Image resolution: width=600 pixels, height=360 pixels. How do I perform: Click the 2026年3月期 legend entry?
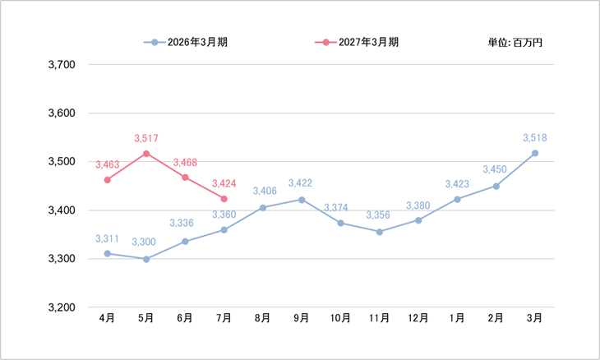pyautogui.click(x=186, y=42)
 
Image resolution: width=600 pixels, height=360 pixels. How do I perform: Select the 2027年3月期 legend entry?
pyautogui.click(x=357, y=42)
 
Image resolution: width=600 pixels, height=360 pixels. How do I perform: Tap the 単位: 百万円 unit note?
pyautogui.click(x=515, y=43)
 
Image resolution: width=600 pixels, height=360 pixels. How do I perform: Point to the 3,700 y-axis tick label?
pyautogui.click(x=62, y=65)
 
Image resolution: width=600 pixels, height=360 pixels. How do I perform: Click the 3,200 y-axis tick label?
pyautogui.click(x=62, y=307)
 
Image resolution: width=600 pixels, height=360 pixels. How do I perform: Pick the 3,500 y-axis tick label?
pyautogui.click(x=62, y=162)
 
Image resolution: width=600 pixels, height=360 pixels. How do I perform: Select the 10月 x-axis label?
pyautogui.click(x=340, y=318)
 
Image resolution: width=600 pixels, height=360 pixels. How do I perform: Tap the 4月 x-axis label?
pyautogui.click(x=107, y=318)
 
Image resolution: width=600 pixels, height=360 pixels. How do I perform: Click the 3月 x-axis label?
pyautogui.click(x=534, y=318)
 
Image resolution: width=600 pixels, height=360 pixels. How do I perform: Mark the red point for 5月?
pyautogui.click(x=146, y=154)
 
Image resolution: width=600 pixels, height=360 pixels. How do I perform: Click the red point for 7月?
pyautogui.click(x=224, y=199)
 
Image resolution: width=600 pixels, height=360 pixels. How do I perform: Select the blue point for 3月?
pyautogui.click(x=535, y=154)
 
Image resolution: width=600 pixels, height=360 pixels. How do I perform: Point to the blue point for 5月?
pyautogui.click(x=146, y=260)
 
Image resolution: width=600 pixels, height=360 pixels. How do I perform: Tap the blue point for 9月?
pyautogui.click(x=302, y=200)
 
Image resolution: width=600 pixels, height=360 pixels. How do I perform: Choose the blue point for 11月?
pyautogui.click(x=379, y=232)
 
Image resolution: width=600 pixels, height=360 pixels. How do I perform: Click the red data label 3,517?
pyautogui.click(x=146, y=138)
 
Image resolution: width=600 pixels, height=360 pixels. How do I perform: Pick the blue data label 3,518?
pyautogui.click(x=535, y=138)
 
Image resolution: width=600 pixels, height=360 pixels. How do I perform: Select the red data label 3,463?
pyautogui.click(x=108, y=165)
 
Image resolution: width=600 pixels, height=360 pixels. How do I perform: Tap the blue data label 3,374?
pyautogui.click(x=336, y=208)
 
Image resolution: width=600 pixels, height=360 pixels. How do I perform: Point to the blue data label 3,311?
pyautogui.click(x=107, y=239)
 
